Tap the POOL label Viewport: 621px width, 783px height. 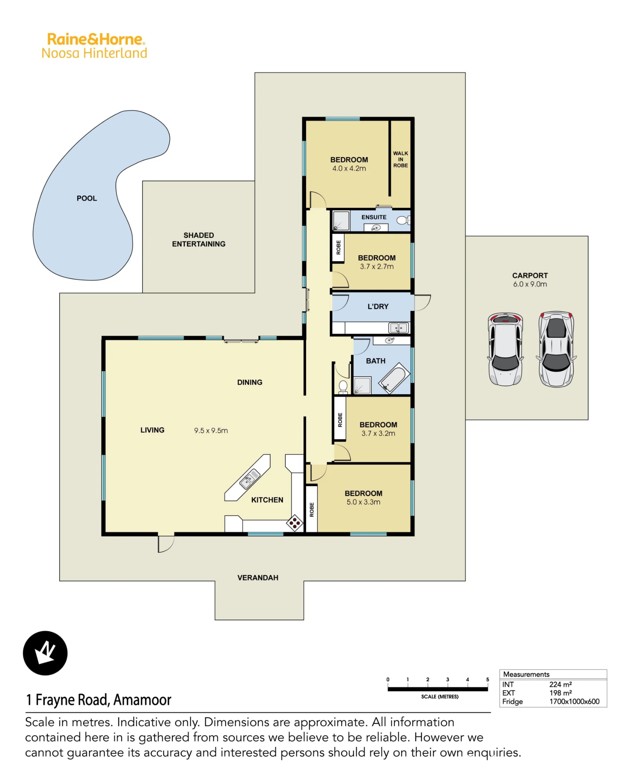coord(87,198)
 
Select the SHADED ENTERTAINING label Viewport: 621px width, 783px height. coord(199,240)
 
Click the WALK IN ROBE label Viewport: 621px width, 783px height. coord(401,159)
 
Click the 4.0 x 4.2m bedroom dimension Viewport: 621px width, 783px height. coord(349,169)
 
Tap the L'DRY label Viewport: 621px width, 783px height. coord(378,307)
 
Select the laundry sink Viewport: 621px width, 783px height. coord(399,327)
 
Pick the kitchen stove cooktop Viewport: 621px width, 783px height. coord(295,523)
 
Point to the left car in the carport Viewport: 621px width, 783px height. coord(505,349)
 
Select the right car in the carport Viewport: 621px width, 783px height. coord(556,349)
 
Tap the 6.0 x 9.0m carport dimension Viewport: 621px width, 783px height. coord(530,284)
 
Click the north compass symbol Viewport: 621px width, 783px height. coord(45,653)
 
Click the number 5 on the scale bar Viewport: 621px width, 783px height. coord(488,680)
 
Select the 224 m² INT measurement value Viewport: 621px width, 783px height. coord(561,684)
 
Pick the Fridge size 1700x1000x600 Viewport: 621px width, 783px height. coord(574,702)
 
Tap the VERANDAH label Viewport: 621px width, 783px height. coord(258,578)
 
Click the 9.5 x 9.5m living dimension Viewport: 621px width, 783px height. coord(211,431)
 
